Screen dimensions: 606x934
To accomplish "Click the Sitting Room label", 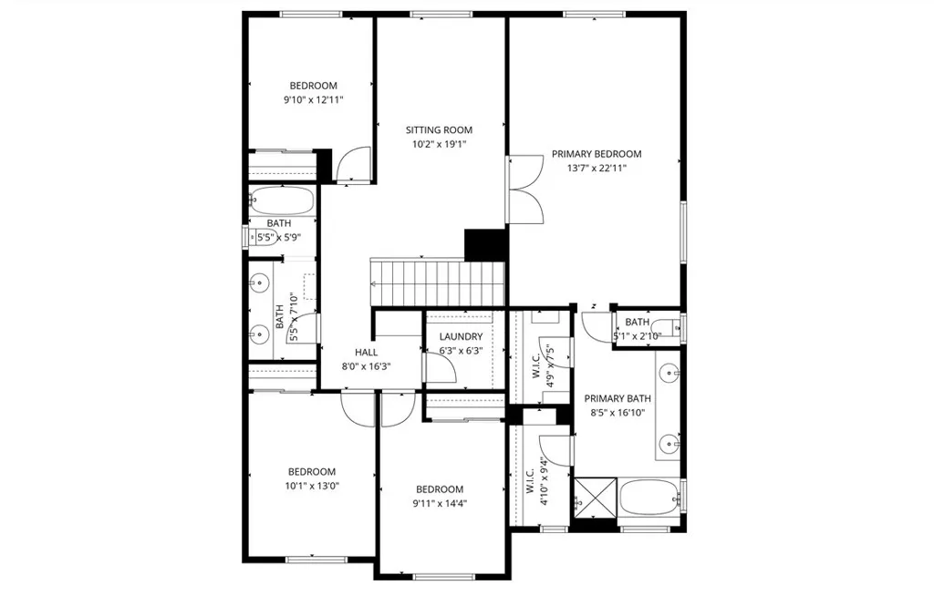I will point(439,130).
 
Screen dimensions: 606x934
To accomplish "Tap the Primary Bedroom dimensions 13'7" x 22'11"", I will point(597,168).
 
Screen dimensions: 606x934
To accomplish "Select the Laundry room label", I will point(460,336).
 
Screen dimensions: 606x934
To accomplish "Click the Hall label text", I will point(367,352).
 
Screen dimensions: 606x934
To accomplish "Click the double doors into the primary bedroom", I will point(525,190).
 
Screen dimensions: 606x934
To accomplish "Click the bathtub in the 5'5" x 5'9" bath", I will point(282,200).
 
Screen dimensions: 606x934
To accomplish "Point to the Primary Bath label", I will point(617,398).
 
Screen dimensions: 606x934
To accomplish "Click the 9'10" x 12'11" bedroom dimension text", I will point(313,100).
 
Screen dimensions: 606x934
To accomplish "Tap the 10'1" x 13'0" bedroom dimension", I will point(312,486).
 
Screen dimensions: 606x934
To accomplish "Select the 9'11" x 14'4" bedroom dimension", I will point(440,503).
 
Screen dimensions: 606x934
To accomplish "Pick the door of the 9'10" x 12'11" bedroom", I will point(352,165).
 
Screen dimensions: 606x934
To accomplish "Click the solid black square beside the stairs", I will point(484,243).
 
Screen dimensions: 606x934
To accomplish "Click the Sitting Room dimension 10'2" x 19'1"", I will point(439,144).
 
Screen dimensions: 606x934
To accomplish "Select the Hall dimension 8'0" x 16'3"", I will point(367,365).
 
